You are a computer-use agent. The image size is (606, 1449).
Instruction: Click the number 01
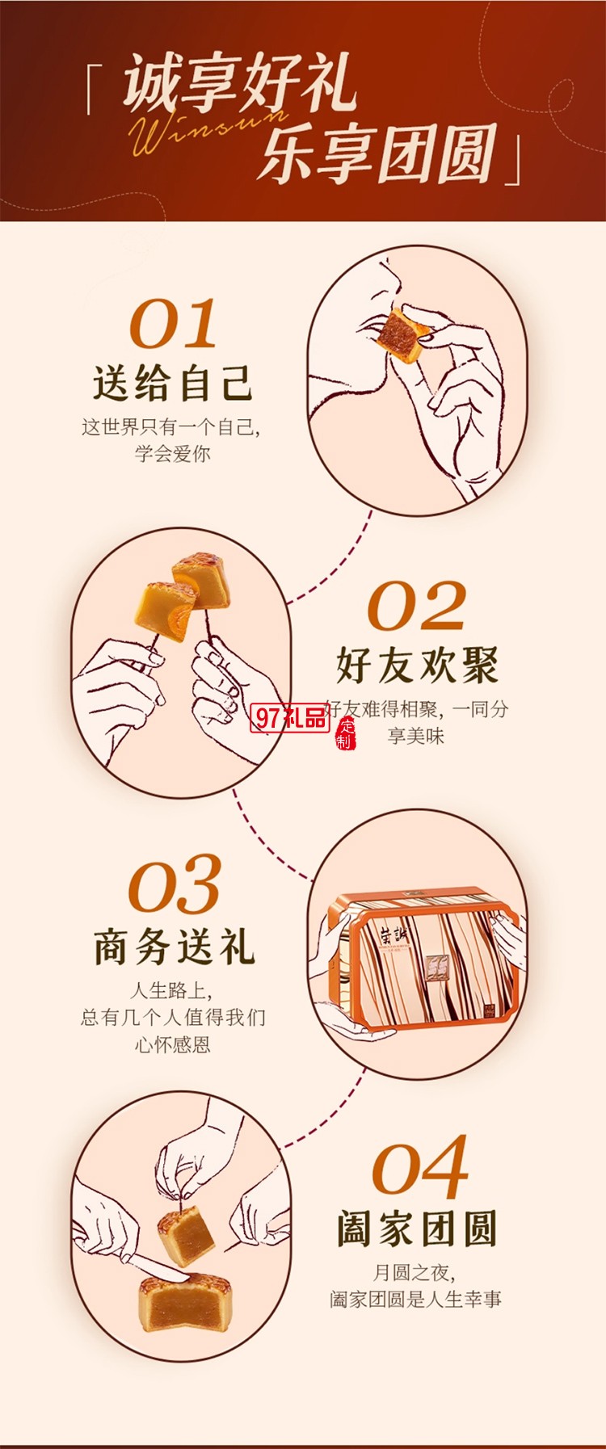173,324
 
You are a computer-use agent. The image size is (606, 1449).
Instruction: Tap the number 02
416,606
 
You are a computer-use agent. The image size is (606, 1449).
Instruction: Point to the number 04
419,1167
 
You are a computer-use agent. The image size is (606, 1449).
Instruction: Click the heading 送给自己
173,382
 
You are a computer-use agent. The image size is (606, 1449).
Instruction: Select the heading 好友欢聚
417,665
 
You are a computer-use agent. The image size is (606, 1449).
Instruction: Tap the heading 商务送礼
174,946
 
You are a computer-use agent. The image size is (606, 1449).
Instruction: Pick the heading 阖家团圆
417,1228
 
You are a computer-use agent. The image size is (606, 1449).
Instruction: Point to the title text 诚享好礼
239,83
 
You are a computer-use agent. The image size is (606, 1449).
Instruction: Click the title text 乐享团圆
377,153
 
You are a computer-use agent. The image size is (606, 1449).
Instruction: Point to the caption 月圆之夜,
414,1273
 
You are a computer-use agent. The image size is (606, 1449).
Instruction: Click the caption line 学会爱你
172,454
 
